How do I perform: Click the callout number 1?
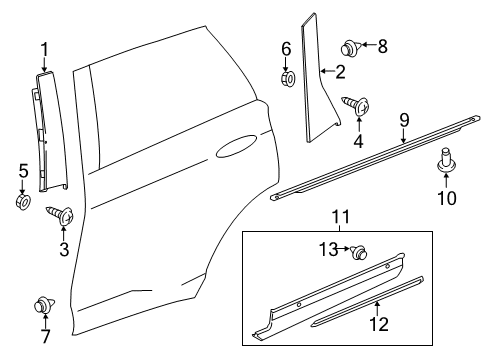44,48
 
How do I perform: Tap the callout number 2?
340,71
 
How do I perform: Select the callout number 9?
404,121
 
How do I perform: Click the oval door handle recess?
238,150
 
